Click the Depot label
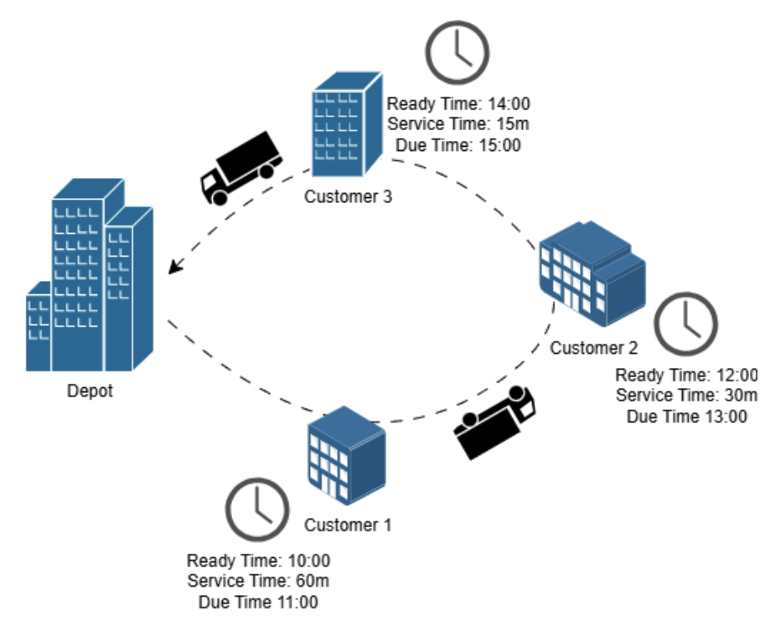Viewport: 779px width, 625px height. click(90, 390)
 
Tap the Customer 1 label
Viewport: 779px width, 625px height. click(347, 525)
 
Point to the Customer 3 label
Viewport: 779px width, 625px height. click(347, 197)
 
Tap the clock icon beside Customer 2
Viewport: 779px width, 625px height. click(685, 322)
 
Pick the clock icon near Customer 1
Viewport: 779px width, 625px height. click(258, 507)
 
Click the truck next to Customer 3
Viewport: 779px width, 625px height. click(240, 167)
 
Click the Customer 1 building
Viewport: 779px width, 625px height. click(346, 455)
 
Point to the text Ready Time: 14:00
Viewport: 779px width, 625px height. click(458, 104)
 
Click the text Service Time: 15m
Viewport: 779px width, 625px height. click(458, 125)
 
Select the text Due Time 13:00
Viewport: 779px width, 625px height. click(687, 416)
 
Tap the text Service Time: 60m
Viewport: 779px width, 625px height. click(258, 581)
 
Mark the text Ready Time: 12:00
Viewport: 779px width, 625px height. click(687, 375)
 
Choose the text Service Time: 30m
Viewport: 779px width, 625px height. click(687, 395)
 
